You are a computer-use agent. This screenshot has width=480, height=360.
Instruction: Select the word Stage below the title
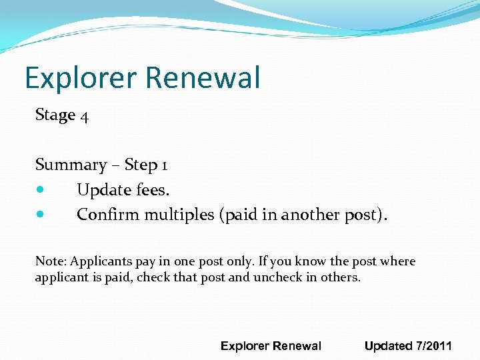tap(55, 115)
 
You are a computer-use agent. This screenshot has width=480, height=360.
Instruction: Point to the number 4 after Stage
tap(84, 116)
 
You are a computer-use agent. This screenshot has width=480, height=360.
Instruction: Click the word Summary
tap(71, 165)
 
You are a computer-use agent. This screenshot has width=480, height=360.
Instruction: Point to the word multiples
tap(179, 215)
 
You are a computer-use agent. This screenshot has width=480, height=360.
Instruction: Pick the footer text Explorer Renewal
tap(271, 345)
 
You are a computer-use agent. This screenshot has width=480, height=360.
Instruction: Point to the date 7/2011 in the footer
tap(434, 345)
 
